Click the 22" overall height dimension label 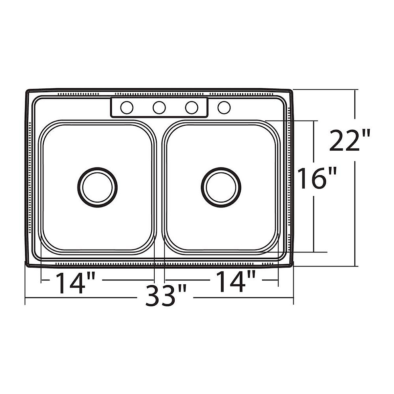tap(350, 140)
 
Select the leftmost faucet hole tap(127, 107)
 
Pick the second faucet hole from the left tap(159, 107)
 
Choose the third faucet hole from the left tap(191, 107)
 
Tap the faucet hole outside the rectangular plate tap(224, 107)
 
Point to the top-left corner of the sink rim tap(28, 91)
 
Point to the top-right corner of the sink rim tap(291, 91)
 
